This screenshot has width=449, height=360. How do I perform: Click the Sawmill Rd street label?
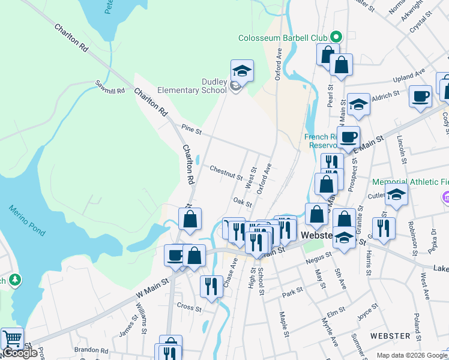click(109, 86)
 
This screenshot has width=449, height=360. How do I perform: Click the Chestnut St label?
click(226, 173)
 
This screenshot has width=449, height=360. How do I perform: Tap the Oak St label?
click(243, 203)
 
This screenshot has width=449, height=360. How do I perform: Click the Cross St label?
click(189, 307)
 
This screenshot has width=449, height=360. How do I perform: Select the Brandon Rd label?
click(90, 349)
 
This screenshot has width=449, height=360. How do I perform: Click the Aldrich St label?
click(385, 95)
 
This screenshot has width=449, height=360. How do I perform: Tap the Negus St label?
click(318, 258)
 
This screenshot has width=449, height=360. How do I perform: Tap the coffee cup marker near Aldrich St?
click(420, 96)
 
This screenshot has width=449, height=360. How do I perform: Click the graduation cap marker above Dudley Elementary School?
click(242, 71)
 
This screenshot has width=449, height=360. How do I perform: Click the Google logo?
click(20, 353)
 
